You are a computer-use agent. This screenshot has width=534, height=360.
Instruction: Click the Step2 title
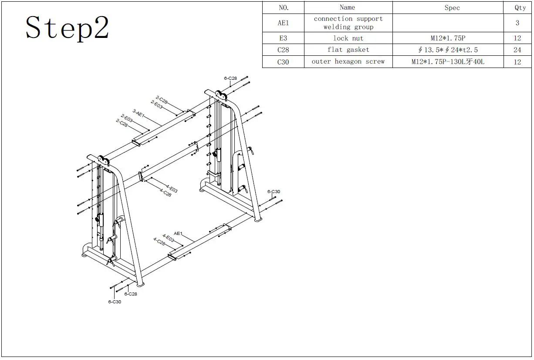(x=67, y=28)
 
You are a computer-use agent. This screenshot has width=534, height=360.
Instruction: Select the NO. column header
(x=283, y=7)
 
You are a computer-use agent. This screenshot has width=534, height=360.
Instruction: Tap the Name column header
(x=348, y=7)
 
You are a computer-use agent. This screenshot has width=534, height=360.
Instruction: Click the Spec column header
(x=452, y=8)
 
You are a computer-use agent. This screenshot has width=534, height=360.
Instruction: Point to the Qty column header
(x=520, y=8)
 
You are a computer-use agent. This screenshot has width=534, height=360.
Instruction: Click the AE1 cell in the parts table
(x=283, y=23)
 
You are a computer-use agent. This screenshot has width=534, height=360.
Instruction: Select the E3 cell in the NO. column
(x=283, y=38)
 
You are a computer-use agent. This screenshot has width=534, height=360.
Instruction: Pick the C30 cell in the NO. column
(x=283, y=62)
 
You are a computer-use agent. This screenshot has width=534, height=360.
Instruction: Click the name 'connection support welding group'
(x=348, y=23)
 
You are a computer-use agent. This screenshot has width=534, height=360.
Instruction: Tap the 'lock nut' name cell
(x=348, y=38)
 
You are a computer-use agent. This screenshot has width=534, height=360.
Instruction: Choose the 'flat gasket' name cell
(x=348, y=50)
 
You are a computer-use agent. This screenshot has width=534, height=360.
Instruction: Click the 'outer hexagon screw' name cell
(x=348, y=62)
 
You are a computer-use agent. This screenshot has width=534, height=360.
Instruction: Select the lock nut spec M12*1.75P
(x=448, y=38)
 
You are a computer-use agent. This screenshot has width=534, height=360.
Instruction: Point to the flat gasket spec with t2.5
(x=448, y=50)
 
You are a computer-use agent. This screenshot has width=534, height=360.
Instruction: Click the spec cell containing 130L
(x=448, y=62)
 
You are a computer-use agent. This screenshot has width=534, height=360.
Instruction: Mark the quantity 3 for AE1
(x=517, y=23)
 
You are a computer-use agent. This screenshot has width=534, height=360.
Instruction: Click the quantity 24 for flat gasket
(x=517, y=50)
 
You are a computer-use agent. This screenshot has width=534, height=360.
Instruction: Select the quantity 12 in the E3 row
(x=517, y=38)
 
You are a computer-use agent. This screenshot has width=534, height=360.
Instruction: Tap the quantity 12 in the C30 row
(x=517, y=62)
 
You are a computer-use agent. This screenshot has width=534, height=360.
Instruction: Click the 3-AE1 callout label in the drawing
(x=138, y=113)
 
